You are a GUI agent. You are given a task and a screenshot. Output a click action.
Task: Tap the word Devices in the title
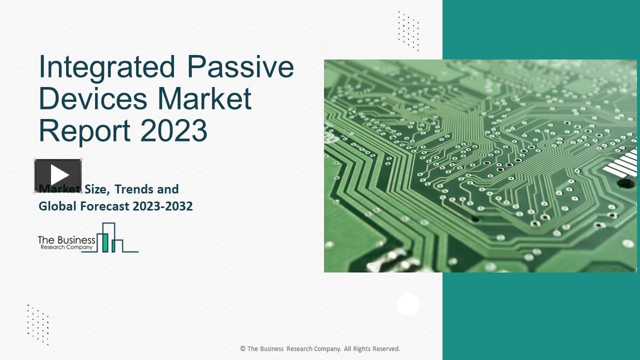92,98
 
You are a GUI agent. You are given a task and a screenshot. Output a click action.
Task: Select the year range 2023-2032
162,206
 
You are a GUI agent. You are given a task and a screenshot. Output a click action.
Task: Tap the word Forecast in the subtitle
104,206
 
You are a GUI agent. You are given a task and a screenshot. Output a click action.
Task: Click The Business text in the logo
66,240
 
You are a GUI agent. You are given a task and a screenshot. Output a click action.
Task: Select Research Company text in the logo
66,247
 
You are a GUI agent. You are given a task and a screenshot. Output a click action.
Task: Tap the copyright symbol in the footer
243,349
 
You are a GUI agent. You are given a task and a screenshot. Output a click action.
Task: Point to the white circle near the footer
408,304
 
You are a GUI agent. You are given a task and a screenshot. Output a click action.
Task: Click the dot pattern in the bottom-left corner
38,324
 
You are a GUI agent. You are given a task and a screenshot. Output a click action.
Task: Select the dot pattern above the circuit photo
408,30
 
